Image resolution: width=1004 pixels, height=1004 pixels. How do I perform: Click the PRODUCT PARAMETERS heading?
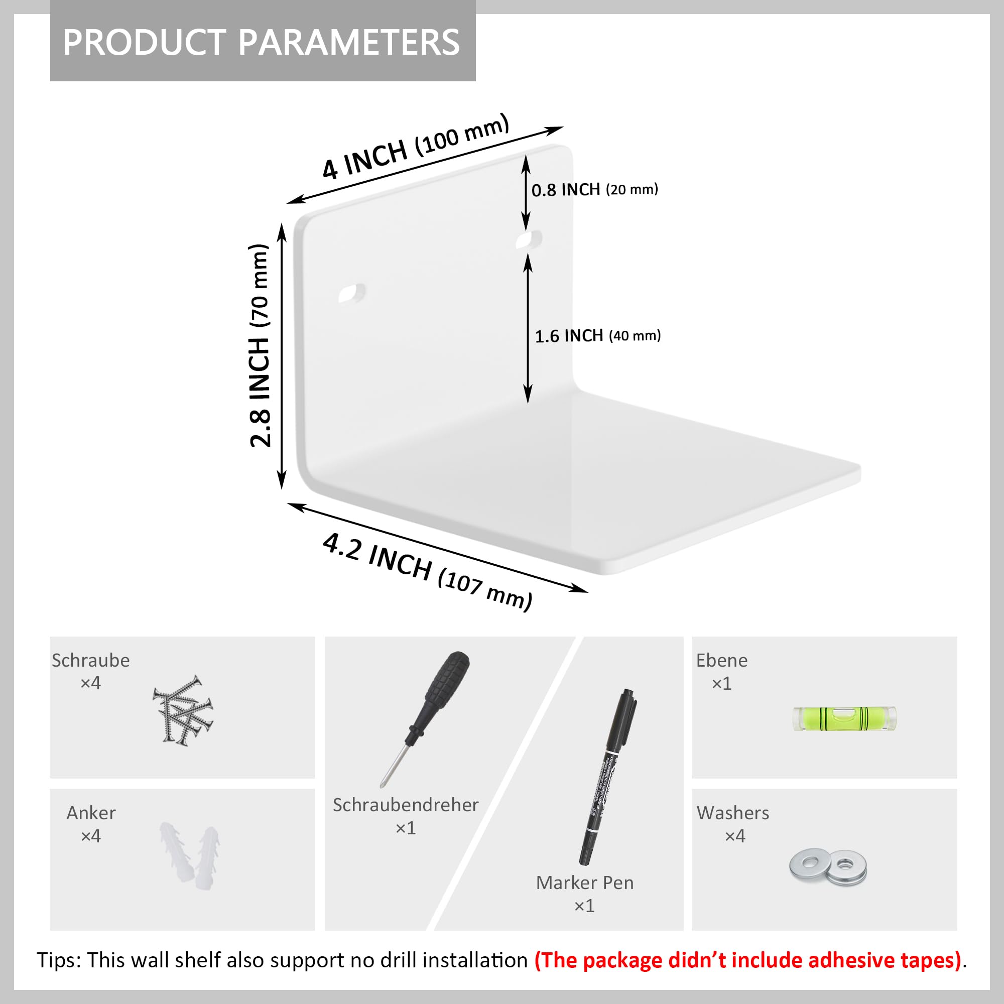[262, 42]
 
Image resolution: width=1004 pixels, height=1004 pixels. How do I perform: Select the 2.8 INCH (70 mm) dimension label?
[260, 345]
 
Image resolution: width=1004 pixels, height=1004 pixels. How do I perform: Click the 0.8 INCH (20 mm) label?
[594, 190]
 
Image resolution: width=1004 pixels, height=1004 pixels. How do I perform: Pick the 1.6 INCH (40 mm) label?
[597, 336]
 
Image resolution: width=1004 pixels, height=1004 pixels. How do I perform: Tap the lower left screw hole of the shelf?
[352, 293]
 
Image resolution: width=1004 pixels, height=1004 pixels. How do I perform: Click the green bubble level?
[844, 719]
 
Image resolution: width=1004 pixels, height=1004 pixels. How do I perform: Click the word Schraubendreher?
[405, 804]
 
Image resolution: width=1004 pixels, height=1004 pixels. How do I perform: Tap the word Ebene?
[722, 660]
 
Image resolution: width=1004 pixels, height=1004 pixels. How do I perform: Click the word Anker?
[91, 813]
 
